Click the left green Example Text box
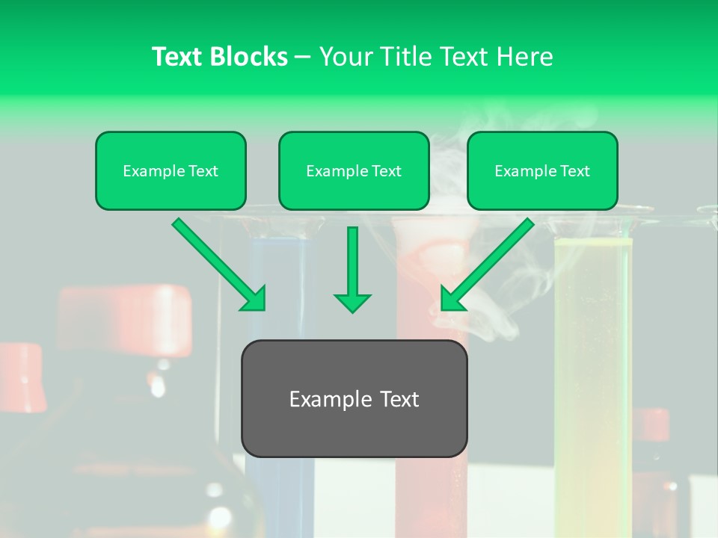pos(171,170)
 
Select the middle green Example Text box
pos(354,170)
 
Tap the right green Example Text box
pos(542,170)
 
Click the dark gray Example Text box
pos(354,398)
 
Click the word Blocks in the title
pos(249,57)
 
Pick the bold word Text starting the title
pos(179,57)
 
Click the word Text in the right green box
pos(574,171)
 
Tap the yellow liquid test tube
pos(592,359)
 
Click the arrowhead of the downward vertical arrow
pos(352,303)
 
